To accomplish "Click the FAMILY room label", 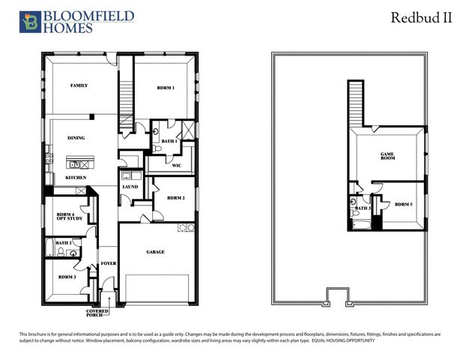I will [x=79, y=86].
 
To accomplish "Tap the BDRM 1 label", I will [x=166, y=88].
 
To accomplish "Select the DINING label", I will [x=76, y=138].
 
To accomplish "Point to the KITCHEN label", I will [x=76, y=178].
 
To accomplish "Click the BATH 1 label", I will [x=169, y=141].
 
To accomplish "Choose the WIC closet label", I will [x=177, y=166].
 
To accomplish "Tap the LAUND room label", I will [x=130, y=187].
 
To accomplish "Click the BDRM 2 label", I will [x=175, y=198].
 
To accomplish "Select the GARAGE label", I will [x=155, y=252].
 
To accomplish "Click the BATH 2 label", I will [x=64, y=243].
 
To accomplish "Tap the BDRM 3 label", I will [x=67, y=277].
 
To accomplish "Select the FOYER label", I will [x=109, y=264].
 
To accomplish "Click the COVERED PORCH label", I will [x=97, y=312].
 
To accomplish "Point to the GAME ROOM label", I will [x=387, y=156].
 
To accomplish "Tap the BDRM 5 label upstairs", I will [x=404, y=204].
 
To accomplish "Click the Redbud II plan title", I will [x=421, y=19].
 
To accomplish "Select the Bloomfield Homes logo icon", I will [x=29, y=22].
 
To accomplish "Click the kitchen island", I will [x=80, y=163].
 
